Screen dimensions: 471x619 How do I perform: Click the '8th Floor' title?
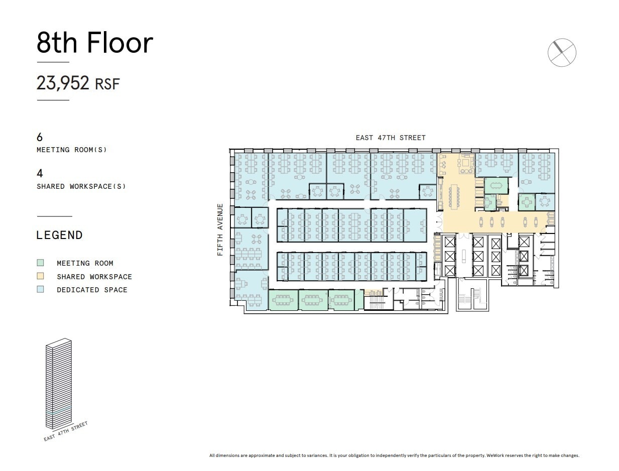(94, 43)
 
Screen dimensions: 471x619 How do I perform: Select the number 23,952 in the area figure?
(63, 83)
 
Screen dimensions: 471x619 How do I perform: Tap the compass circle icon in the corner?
(562, 52)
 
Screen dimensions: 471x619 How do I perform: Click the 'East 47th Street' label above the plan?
(390, 138)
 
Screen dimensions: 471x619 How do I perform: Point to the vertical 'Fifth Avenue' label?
(220, 229)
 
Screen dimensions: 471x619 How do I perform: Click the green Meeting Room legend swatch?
(40, 263)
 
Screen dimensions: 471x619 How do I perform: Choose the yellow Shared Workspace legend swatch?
(40, 276)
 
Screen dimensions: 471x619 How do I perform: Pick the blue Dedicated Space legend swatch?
(40, 289)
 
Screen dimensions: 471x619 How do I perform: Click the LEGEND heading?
(59, 235)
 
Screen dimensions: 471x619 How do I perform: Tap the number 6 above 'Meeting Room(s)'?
(40, 137)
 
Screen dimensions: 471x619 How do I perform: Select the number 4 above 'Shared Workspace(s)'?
(40, 173)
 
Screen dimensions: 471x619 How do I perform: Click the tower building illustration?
(58, 384)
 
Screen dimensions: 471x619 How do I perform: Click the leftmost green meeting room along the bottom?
(283, 300)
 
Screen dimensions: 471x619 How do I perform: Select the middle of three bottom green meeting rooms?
(313, 300)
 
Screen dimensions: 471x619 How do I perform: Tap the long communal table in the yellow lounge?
(455, 196)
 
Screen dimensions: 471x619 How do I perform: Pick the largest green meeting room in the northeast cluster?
(496, 185)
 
